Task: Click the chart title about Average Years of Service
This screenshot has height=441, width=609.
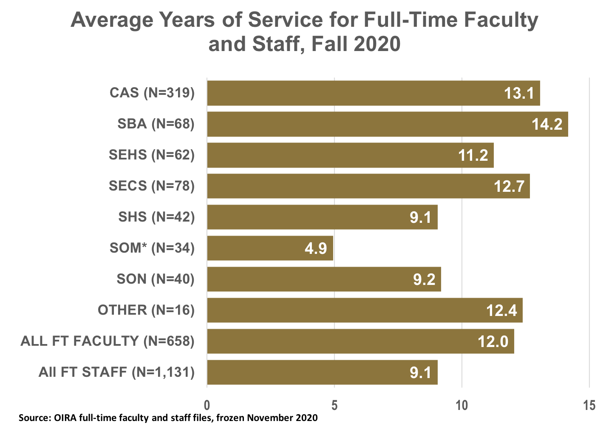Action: (304, 32)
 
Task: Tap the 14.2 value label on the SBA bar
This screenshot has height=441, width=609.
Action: (547, 124)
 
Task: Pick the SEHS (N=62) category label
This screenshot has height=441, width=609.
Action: (152, 155)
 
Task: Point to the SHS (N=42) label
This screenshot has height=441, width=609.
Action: (156, 217)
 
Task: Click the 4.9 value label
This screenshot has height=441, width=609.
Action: (316, 248)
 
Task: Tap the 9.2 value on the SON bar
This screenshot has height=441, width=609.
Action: (424, 279)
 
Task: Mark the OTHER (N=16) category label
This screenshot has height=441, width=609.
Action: (146, 310)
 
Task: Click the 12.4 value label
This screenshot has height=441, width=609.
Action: (501, 310)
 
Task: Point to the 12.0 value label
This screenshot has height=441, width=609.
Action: (493, 341)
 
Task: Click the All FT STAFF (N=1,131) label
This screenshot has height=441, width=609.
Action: (117, 372)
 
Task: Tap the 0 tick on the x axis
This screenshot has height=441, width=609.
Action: (207, 405)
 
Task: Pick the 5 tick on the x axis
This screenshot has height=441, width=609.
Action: (334, 405)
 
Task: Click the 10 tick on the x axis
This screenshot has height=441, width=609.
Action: (462, 405)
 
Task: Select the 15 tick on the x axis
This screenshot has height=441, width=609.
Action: (589, 405)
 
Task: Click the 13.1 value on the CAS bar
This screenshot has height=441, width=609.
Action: (519, 93)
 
